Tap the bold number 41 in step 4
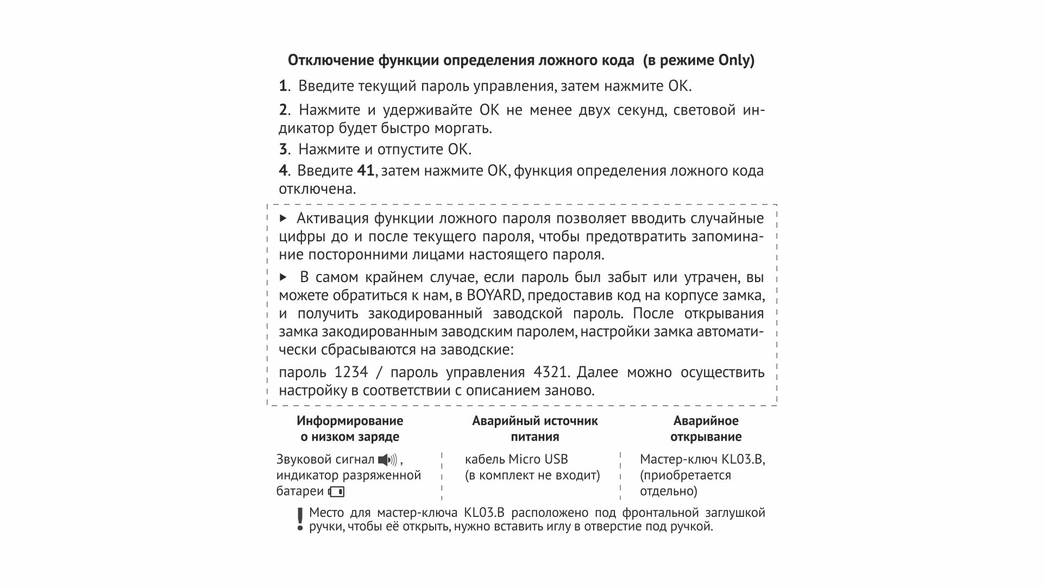click(366, 171)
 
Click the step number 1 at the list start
click(282, 86)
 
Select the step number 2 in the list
click(283, 110)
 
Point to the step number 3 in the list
click(283, 149)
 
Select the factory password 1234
click(351, 372)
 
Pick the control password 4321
click(551, 372)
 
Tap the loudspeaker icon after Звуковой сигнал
click(388, 460)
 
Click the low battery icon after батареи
click(336, 492)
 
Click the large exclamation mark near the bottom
click(299, 519)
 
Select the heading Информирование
click(350, 421)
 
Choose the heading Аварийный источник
click(534, 421)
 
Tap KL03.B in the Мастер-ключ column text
click(742, 459)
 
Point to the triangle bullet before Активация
click(282, 218)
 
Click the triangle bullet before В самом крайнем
click(282, 277)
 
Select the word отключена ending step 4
click(317, 189)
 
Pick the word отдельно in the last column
click(668, 491)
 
